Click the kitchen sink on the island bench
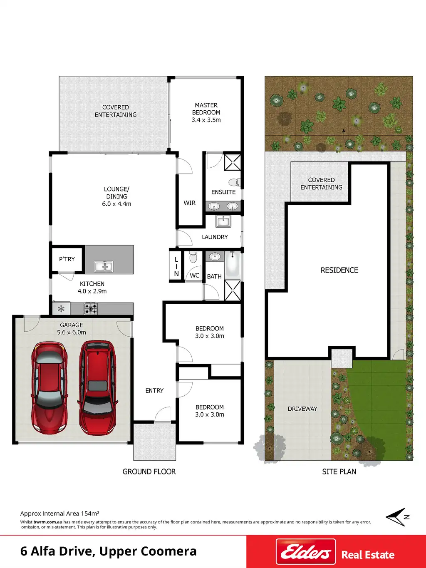tap(104, 266)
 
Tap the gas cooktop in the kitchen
tap(91, 309)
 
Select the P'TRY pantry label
tap(67, 259)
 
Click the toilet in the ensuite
tap(235, 182)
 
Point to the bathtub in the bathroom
tap(233, 265)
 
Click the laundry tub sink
tap(223, 221)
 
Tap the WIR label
tap(190, 203)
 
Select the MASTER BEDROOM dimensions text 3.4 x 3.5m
tap(206, 120)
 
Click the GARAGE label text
tap(72, 325)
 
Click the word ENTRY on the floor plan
tap(154, 390)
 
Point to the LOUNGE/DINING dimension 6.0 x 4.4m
tap(116, 203)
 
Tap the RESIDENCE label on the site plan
tap(339, 270)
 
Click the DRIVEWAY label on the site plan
tap(302, 409)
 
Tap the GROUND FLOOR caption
tap(149, 472)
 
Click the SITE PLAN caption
tap(339, 472)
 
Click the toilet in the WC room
tap(193, 257)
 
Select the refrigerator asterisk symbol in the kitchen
tap(61, 309)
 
